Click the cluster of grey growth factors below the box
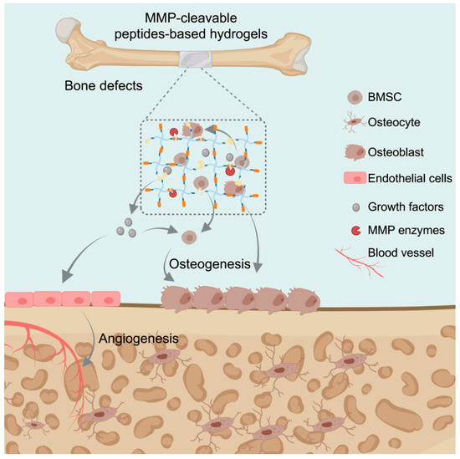click(132, 226)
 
